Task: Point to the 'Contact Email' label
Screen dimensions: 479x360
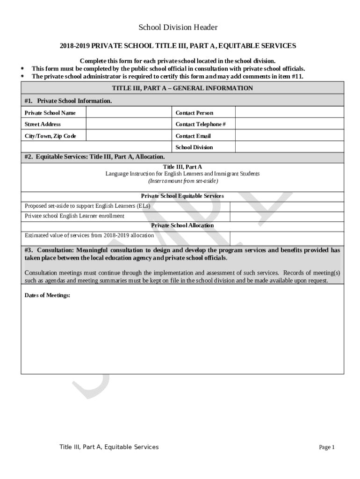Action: [193, 136]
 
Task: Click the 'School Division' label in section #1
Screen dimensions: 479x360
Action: [194, 147]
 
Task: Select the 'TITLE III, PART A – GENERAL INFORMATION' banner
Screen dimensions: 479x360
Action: [182, 88]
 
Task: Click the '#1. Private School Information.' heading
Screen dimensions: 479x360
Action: [68, 101]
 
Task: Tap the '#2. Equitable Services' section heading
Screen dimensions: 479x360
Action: [94, 157]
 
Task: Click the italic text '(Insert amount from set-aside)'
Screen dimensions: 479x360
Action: [182, 181]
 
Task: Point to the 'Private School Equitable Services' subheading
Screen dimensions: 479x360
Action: [182, 196]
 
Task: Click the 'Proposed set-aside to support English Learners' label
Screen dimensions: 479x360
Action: [87, 206]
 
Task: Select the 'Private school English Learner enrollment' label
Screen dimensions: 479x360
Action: [74, 216]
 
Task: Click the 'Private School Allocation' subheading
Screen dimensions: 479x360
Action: [182, 225]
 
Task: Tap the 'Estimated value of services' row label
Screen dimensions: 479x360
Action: [89, 235]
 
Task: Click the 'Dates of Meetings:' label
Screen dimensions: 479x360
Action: [47, 295]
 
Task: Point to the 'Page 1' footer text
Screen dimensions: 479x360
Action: [327, 447]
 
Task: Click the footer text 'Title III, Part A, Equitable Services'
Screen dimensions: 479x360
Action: [109, 447]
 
